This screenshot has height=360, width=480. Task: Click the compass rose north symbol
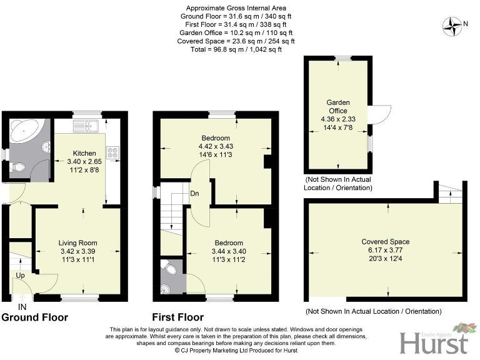pos(451,26)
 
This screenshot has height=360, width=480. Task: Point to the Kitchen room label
pos(84,153)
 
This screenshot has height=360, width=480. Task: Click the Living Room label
pos(78,242)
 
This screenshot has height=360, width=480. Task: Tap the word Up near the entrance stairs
pos(21,275)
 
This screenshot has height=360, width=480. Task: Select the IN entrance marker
pos(23,307)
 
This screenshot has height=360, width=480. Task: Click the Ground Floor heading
pos(34,317)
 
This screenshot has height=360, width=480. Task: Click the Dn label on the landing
pos(195,193)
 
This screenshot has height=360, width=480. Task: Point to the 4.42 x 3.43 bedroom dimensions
pos(216,147)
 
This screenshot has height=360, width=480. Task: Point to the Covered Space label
pos(385,241)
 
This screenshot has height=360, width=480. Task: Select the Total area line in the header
pos(236,49)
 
